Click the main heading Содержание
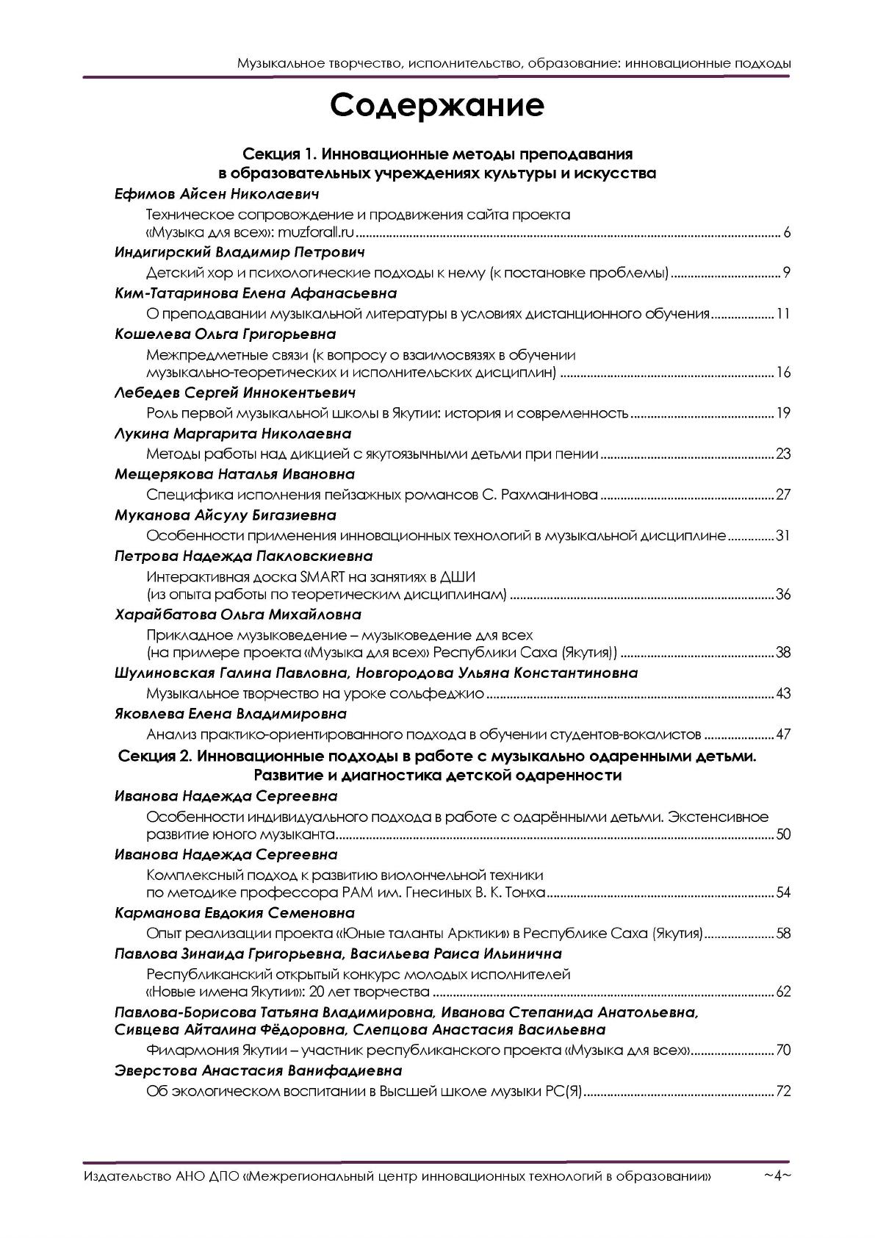pos(437,106)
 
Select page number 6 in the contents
pos(786,234)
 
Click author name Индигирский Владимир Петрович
pos(240,253)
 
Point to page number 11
pos(782,315)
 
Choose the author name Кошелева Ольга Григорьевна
pos(226,334)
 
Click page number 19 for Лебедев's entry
pos(782,412)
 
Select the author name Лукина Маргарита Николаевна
pos(233,434)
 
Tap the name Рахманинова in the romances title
pos(550,494)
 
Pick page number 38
pos(782,653)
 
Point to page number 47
pos(782,734)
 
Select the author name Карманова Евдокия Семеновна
pos(235,913)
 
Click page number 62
pos(782,992)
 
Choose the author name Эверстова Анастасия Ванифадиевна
pos(259,1070)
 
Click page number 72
pos(782,1091)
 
